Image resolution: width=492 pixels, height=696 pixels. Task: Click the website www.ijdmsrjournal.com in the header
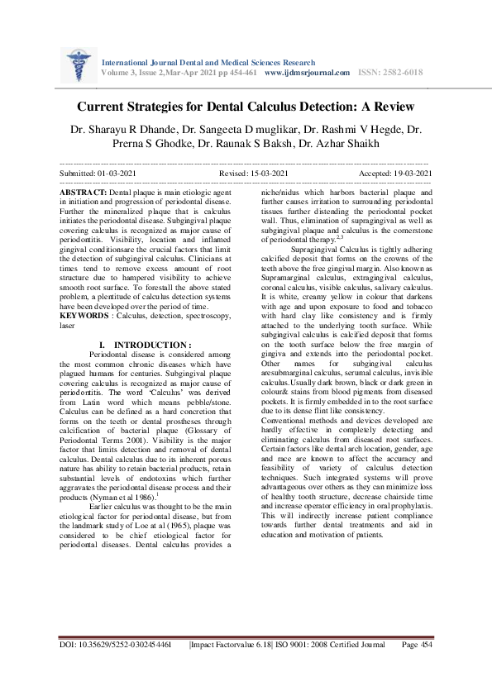point(307,73)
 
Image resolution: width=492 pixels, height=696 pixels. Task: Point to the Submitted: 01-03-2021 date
point(98,174)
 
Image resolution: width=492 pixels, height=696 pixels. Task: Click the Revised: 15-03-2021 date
point(254,174)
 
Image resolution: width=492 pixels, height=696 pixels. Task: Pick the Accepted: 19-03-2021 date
point(395,174)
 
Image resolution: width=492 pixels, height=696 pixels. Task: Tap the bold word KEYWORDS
point(86,315)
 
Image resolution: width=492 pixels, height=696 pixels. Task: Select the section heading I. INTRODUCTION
point(145,344)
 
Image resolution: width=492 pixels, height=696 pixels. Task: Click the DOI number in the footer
point(116,645)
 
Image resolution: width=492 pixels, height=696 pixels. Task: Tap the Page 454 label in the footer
point(416,645)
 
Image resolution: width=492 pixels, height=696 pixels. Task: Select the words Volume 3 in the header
point(118,73)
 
